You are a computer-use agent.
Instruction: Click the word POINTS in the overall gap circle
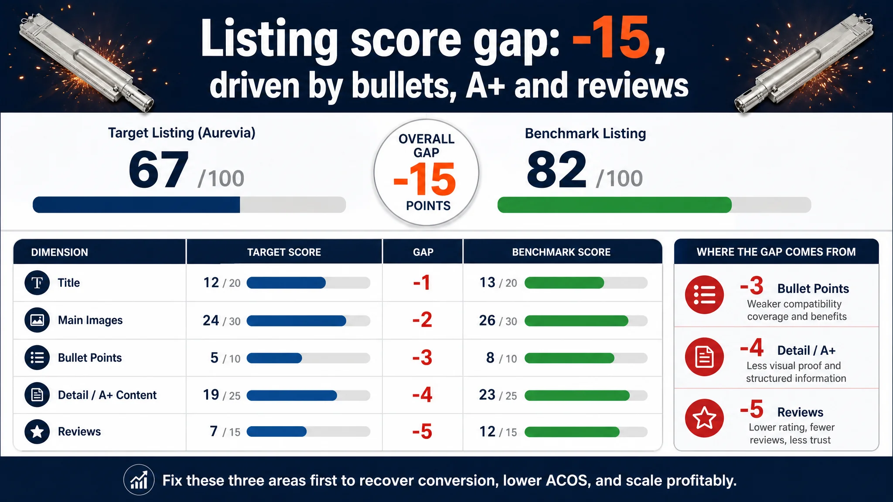pos(428,206)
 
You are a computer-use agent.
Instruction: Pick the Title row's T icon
pos(37,283)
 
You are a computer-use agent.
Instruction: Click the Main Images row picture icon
pos(37,320)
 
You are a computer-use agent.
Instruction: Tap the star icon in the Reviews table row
pos(37,431)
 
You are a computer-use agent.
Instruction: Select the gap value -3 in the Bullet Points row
pos(422,357)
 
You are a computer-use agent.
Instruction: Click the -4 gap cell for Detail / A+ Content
pos(422,395)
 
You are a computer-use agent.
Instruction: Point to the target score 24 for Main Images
pos(211,320)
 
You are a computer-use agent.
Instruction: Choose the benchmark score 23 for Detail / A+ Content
pos(487,395)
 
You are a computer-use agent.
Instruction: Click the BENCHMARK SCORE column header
pos(561,252)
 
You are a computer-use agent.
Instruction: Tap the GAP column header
pos(423,252)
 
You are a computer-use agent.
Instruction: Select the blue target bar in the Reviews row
pos(276,431)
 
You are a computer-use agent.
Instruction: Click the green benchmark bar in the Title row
pos(564,283)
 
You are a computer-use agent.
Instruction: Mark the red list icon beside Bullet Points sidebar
pos(704,295)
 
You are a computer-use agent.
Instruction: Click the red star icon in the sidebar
pos(704,418)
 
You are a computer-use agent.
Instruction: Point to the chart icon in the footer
pos(139,480)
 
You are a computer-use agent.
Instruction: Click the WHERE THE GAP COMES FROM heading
pos(776,252)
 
